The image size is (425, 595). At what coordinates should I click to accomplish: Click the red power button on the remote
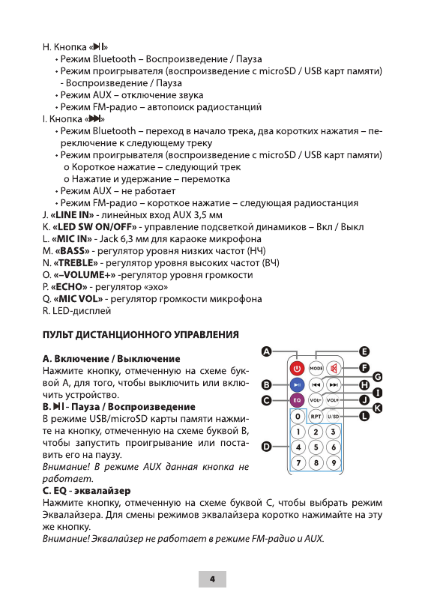pyautogui.click(x=297, y=369)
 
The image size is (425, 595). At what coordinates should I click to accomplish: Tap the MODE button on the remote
pyautogui.click(x=316, y=369)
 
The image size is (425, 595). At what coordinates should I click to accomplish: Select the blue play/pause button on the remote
pyautogui.click(x=297, y=384)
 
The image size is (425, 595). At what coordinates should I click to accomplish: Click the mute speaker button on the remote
pyautogui.click(x=335, y=369)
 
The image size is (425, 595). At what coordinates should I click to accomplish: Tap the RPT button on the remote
pyautogui.click(x=316, y=416)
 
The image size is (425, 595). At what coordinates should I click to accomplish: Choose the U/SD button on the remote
pyautogui.click(x=334, y=416)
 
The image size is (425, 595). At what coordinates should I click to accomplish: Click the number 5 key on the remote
pyautogui.click(x=316, y=447)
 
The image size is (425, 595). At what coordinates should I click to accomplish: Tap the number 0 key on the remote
pyautogui.click(x=297, y=416)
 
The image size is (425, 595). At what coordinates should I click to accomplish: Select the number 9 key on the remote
pyautogui.click(x=334, y=462)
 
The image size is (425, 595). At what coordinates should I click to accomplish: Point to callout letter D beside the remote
pyautogui.click(x=266, y=447)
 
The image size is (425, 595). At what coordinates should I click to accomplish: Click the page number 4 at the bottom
pyautogui.click(x=212, y=579)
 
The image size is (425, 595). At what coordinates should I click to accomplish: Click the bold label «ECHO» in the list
pyautogui.click(x=71, y=286)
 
